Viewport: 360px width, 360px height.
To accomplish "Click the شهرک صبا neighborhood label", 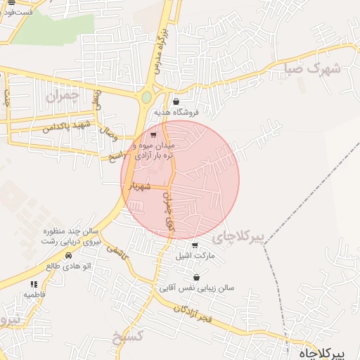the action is (313, 69).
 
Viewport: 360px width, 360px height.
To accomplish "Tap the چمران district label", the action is (65, 94).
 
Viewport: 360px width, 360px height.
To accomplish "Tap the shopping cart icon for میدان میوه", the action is (153, 134).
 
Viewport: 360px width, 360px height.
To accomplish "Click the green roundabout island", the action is (146, 98).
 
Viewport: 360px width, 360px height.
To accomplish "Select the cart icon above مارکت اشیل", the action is (195, 245).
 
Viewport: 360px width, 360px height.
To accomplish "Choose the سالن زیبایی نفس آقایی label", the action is (207, 287).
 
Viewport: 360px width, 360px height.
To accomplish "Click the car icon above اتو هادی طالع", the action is (68, 256).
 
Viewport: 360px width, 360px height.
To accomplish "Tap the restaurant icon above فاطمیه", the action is (33, 284).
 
